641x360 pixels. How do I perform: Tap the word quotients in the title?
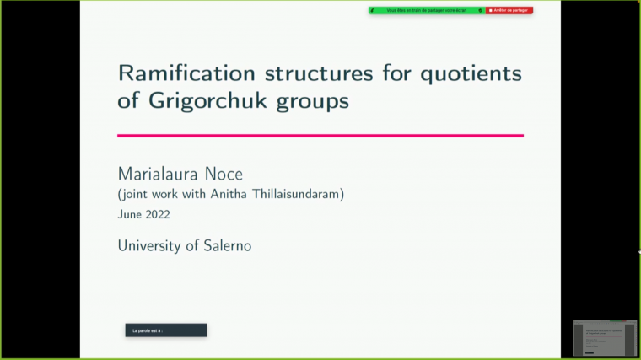[467, 73]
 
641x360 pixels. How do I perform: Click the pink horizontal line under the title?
[320, 135]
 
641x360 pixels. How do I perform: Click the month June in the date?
[131, 214]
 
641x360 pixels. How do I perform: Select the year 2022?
[158, 214]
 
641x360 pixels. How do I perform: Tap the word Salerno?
[225, 246]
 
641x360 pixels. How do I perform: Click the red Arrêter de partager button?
[509, 10]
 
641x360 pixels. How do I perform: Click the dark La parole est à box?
[165, 330]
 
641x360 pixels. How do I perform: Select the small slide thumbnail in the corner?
[604, 337]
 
